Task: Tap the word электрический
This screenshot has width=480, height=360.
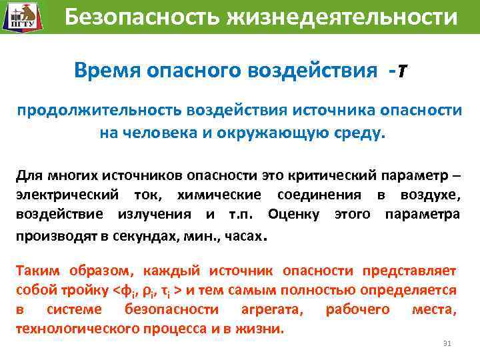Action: click(66, 195)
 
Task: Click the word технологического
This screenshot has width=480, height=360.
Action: click(79, 329)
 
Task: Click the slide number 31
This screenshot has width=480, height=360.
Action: click(447, 343)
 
